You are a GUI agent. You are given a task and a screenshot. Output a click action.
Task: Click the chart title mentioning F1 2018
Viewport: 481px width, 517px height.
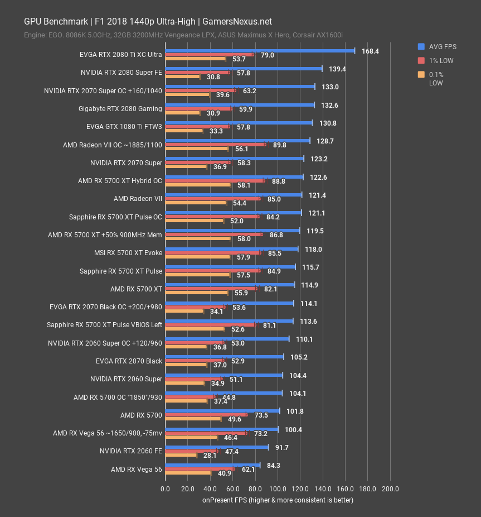pos(148,22)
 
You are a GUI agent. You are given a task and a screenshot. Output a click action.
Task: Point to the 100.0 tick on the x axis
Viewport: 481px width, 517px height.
pos(278,489)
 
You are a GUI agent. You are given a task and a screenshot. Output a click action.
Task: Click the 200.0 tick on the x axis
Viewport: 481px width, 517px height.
pos(390,489)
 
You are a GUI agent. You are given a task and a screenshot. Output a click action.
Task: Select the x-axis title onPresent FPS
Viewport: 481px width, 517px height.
pos(278,500)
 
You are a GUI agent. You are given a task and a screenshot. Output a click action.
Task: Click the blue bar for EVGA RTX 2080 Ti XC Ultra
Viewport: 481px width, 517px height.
pos(260,51)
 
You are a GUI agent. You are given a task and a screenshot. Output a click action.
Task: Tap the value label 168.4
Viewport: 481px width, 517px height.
pos(370,51)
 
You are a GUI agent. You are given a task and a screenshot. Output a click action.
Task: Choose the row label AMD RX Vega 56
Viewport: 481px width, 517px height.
pos(136,469)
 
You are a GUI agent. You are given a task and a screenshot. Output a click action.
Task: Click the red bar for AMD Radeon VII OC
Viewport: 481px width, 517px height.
pos(215,145)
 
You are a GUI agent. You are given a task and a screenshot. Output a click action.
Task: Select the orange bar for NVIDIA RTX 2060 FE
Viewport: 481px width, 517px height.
pos(181,456)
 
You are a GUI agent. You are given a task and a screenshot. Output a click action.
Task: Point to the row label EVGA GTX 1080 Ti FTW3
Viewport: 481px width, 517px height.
pos(124,127)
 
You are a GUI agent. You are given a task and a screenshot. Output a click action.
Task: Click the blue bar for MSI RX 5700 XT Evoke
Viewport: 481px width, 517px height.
pos(232,249)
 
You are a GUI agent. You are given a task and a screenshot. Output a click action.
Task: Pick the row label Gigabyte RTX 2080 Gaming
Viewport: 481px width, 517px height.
pos(120,109)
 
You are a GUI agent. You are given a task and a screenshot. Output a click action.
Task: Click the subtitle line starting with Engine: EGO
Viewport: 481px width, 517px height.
pos(183,35)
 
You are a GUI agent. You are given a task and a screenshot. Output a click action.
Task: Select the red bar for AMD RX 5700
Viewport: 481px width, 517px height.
pos(206,415)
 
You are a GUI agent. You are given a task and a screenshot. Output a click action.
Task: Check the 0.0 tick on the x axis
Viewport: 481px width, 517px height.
pos(166,489)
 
